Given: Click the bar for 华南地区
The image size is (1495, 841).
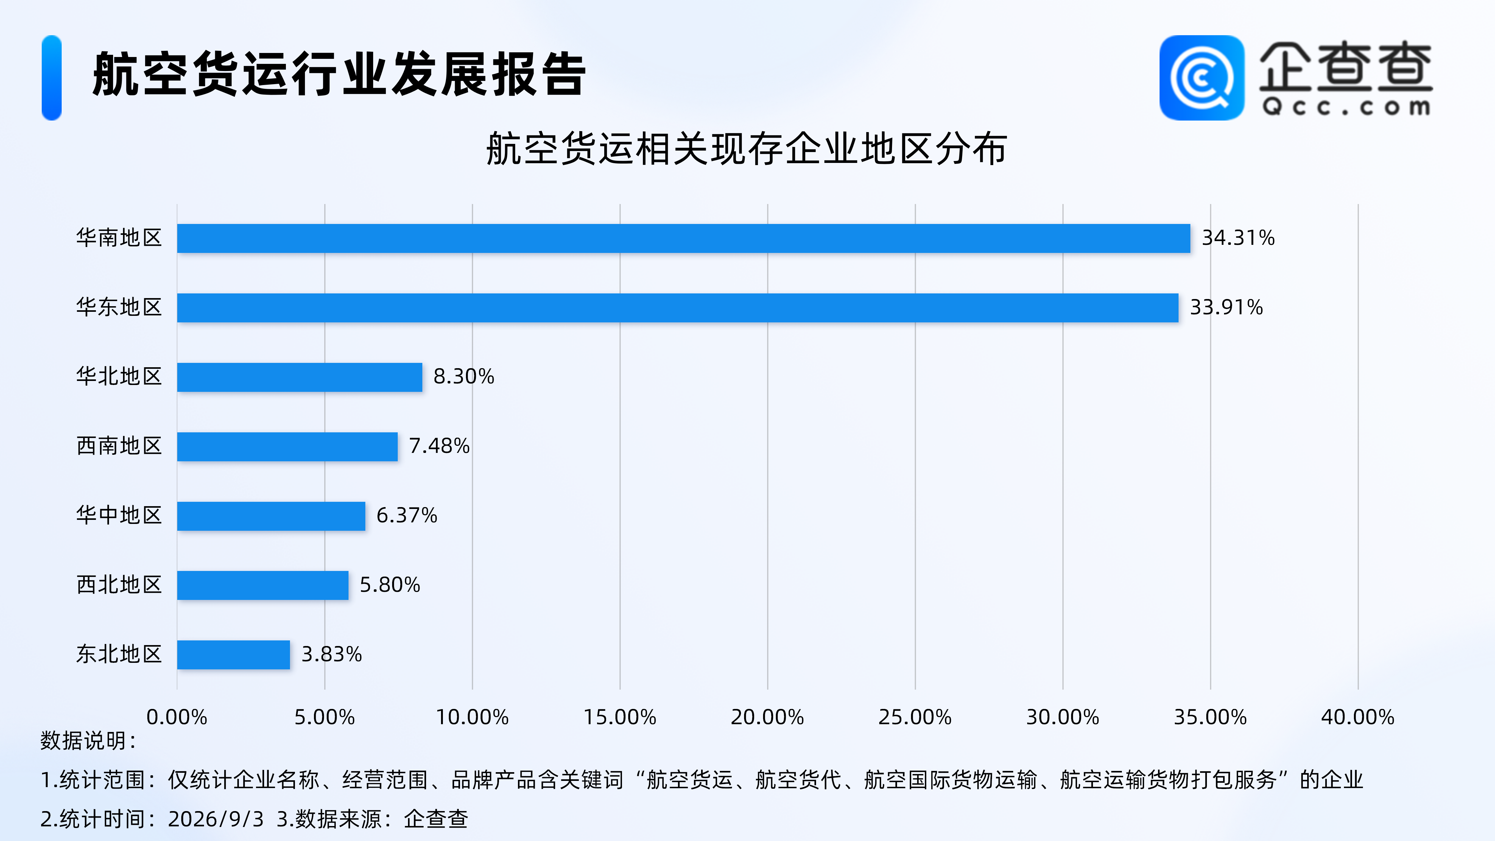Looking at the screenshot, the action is [x=684, y=238].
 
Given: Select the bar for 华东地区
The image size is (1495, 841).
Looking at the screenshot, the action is [x=678, y=308].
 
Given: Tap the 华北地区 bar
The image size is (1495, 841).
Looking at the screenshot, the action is [x=299, y=377].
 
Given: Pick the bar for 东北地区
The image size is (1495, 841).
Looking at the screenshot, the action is [x=233, y=655].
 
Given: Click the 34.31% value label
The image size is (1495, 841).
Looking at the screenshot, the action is [x=1238, y=238].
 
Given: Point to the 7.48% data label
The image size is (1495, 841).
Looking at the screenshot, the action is [x=439, y=446].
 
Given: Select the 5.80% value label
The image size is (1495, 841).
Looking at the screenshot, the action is [x=390, y=584].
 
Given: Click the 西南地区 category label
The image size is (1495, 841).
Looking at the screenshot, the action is [x=119, y=446].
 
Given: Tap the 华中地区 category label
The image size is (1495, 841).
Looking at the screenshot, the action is [x=119, y=515].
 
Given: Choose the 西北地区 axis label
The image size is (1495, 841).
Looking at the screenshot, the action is [x=119, y=584].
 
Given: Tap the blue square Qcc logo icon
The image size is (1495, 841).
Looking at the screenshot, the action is [x=1202, y=78].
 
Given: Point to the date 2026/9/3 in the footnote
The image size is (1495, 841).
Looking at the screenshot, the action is [x=216, y=819].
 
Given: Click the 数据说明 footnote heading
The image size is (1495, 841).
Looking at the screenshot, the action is [x=88, y=741].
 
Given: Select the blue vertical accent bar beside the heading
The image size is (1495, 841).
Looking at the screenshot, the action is [x=52, y=78].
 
